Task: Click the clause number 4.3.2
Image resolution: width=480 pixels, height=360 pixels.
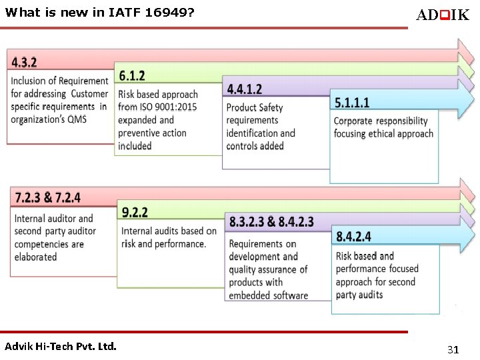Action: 24,63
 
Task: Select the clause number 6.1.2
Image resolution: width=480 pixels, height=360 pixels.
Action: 132,76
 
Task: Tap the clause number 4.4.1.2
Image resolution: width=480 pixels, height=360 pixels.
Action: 244,89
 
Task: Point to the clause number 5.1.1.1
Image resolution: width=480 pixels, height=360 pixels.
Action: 351,102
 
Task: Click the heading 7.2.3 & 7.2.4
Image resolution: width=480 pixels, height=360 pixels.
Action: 47,198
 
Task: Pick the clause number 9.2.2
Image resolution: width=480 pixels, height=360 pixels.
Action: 135,212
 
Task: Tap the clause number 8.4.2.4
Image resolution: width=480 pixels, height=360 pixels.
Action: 353,236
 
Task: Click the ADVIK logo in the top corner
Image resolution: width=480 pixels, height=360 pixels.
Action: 442,15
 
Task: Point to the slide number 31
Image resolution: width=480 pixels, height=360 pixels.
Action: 453,349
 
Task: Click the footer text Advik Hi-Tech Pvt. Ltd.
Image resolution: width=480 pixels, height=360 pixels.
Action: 60,347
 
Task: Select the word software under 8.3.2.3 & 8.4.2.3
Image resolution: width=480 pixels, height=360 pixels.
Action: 287,295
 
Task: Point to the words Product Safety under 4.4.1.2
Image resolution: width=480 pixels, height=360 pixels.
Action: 254,107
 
